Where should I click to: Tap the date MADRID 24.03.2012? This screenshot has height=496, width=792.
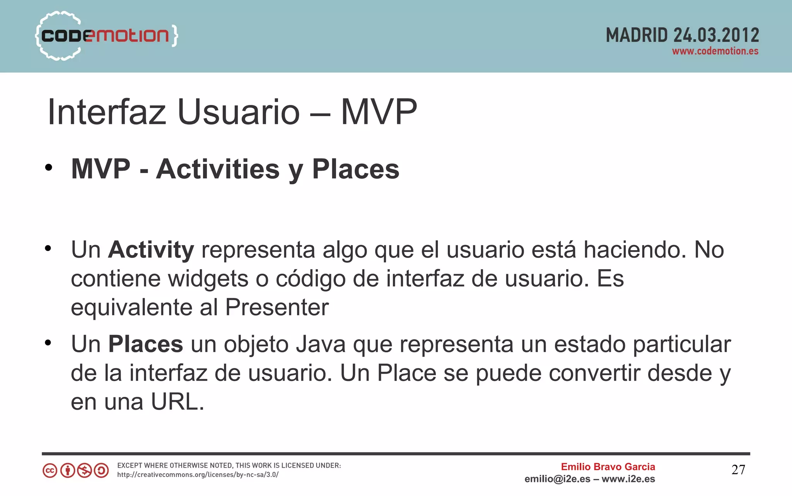(682, 35)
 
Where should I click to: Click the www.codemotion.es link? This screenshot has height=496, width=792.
(715, 51)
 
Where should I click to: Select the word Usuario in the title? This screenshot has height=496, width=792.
(238, 112)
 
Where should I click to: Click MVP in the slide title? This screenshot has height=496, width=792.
(379, 112)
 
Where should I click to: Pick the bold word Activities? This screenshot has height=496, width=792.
(218, 169)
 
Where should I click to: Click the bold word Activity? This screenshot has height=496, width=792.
(151, 250)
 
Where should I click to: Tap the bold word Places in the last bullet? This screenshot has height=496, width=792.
(145, 344)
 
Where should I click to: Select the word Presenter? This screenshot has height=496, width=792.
(277, 307)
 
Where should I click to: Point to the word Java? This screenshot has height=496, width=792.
(321, 344)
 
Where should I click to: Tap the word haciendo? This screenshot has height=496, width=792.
(635, 250)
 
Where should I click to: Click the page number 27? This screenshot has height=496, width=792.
(738, 470)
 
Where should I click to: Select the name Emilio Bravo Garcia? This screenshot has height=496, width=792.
(608, 467)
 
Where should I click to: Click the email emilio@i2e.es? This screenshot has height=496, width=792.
(557, 479)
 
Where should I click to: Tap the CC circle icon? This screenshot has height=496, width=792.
(50, 471)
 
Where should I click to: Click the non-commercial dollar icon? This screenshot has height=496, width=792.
(84, 471)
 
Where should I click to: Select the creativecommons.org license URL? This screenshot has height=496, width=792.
(198, 475)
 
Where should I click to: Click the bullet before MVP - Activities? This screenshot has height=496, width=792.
(48, 168)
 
